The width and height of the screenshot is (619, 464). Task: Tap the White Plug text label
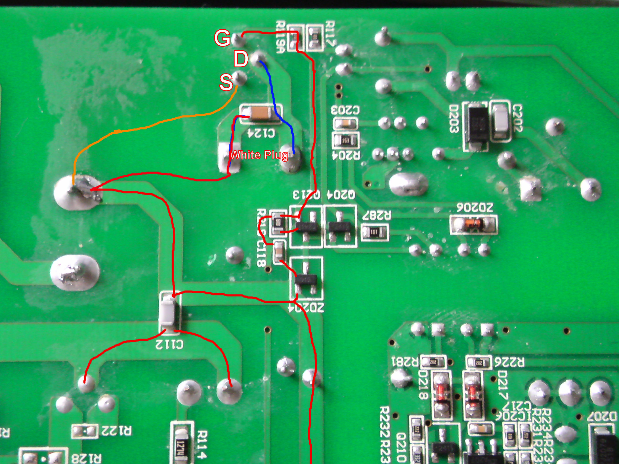tap(259, 155)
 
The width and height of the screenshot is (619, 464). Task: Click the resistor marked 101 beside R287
tap(375, 232)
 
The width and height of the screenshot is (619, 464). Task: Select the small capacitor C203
tap(346, 123)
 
